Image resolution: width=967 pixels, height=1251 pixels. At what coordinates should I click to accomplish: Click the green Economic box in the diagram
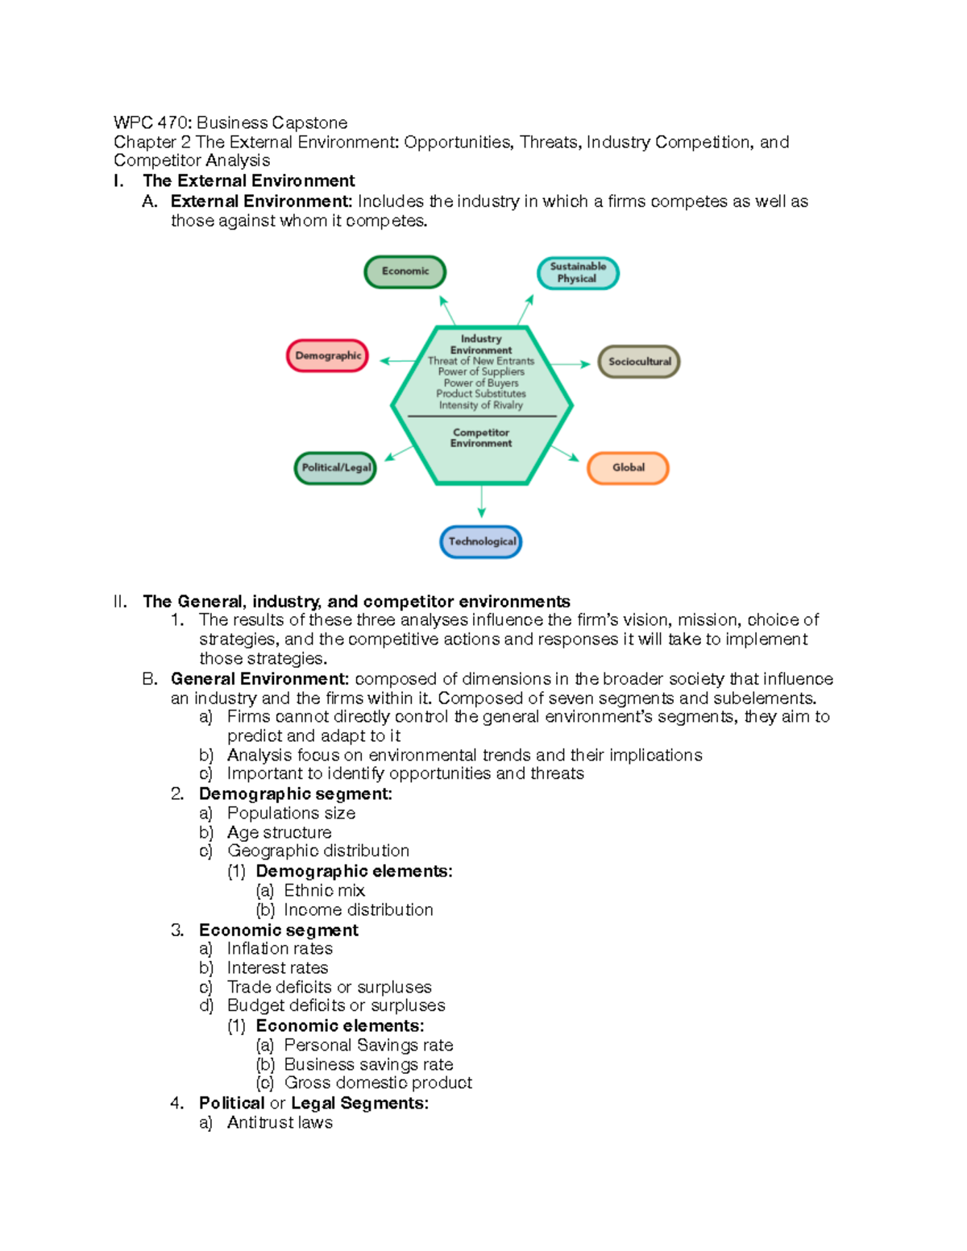click(405, 271)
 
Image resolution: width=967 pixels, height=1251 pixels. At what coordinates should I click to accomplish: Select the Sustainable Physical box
click(578, 273)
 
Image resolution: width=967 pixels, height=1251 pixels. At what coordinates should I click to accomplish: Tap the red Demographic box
click(327, 356)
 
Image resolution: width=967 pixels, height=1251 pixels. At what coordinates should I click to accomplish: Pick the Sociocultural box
click(639, 362)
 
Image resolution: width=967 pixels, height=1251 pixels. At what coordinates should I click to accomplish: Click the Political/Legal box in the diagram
click(335, 468)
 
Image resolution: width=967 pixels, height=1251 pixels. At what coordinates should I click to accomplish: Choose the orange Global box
click(628, 468)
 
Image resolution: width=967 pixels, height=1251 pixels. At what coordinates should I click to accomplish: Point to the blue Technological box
click(481, 541)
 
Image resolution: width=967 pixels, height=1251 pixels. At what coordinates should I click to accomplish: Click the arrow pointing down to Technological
click(482, 501)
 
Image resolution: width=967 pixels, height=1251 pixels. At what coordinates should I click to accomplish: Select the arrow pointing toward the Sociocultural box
click(573, 364)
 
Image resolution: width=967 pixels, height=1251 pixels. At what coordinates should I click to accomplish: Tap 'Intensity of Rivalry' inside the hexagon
click(481, 405)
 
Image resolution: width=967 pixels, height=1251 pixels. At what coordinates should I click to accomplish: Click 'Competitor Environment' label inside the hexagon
click(481, 437)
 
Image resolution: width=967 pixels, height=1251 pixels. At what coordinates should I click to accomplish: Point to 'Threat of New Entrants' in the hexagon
click(481, 361)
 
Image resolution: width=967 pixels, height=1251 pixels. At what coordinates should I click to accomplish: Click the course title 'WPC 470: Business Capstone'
click(230, 122)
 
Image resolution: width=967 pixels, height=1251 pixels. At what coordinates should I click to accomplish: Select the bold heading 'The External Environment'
click(248, 180)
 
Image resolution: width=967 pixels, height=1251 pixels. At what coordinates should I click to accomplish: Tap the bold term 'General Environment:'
click(259, 679)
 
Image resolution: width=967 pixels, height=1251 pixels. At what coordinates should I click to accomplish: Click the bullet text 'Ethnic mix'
click(324, 890)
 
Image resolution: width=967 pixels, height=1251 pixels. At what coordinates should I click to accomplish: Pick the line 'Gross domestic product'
click(378, 1083)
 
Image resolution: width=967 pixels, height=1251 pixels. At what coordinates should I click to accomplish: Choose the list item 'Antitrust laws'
click(280, 1122)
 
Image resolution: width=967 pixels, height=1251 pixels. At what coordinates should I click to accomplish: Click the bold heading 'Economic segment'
click(278, 930)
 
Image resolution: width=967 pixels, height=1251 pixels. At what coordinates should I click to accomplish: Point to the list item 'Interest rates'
click(277, 967)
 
